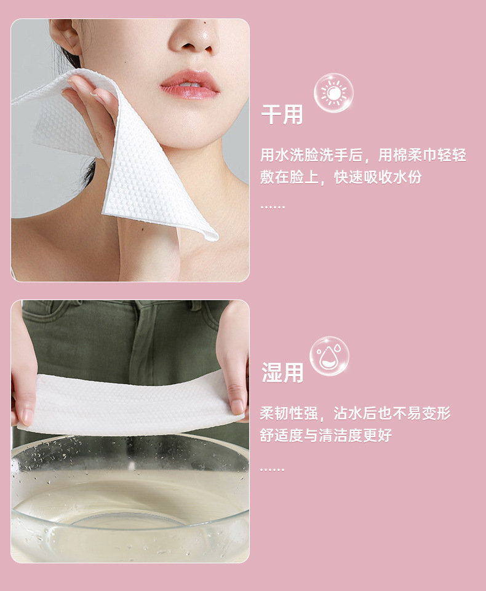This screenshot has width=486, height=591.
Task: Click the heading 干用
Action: coord(282,114)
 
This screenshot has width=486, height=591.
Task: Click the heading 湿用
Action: coord(282,373)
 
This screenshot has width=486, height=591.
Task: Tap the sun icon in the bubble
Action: coord(333,93)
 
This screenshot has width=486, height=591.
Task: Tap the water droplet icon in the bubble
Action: coord(329,356)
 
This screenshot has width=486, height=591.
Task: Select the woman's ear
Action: coord(64,36)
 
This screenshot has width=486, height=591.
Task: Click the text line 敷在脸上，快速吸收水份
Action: coord(341,177)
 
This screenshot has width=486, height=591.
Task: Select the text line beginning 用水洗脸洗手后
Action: coord(363,155)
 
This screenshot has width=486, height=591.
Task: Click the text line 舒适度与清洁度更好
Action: coord(326,435)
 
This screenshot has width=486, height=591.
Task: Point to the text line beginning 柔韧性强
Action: coord(355,413)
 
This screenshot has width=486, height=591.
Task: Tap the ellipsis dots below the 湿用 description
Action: coord(272,470)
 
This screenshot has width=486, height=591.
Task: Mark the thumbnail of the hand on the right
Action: coord(237,407)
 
